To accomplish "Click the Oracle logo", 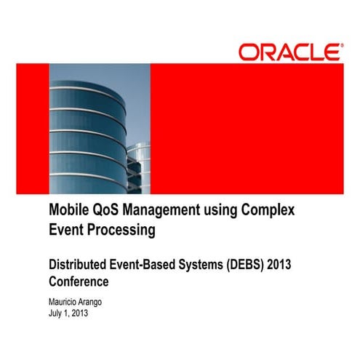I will [288, 52].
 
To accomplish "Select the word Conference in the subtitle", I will [79, 280].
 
